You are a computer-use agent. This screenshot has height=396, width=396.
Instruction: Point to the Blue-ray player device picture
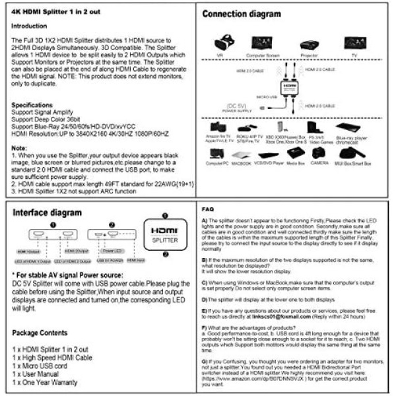point(348,127)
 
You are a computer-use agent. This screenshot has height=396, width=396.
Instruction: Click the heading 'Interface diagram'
point(48,213)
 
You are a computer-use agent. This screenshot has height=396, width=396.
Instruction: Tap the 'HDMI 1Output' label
point(29,251)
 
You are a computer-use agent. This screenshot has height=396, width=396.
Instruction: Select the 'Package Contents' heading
point(42,333)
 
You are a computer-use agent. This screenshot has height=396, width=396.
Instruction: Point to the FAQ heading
point(207,209)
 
